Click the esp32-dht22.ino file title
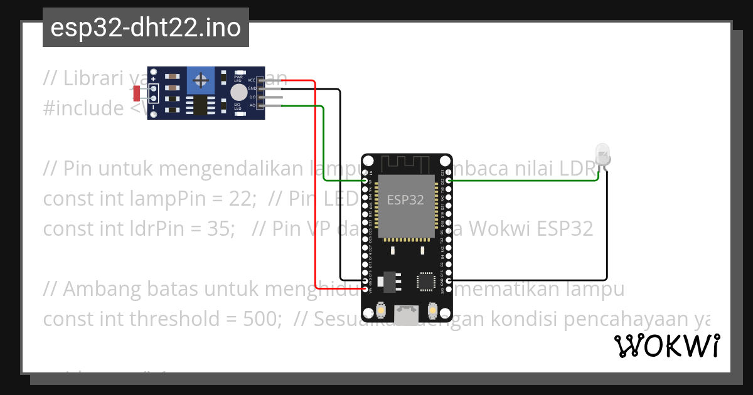click(146, 28)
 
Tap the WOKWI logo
click(666, 345)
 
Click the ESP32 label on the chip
click(405, 201)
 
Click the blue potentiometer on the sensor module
click(201, 80)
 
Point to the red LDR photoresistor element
click(137, 93)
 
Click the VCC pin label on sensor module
click(252, 80)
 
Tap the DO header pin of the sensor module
click(270, 98)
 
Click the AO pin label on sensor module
click(252, 106)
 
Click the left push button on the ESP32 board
click(380, 310)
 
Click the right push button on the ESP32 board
click(432, 310)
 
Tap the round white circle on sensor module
click(238, 93)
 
